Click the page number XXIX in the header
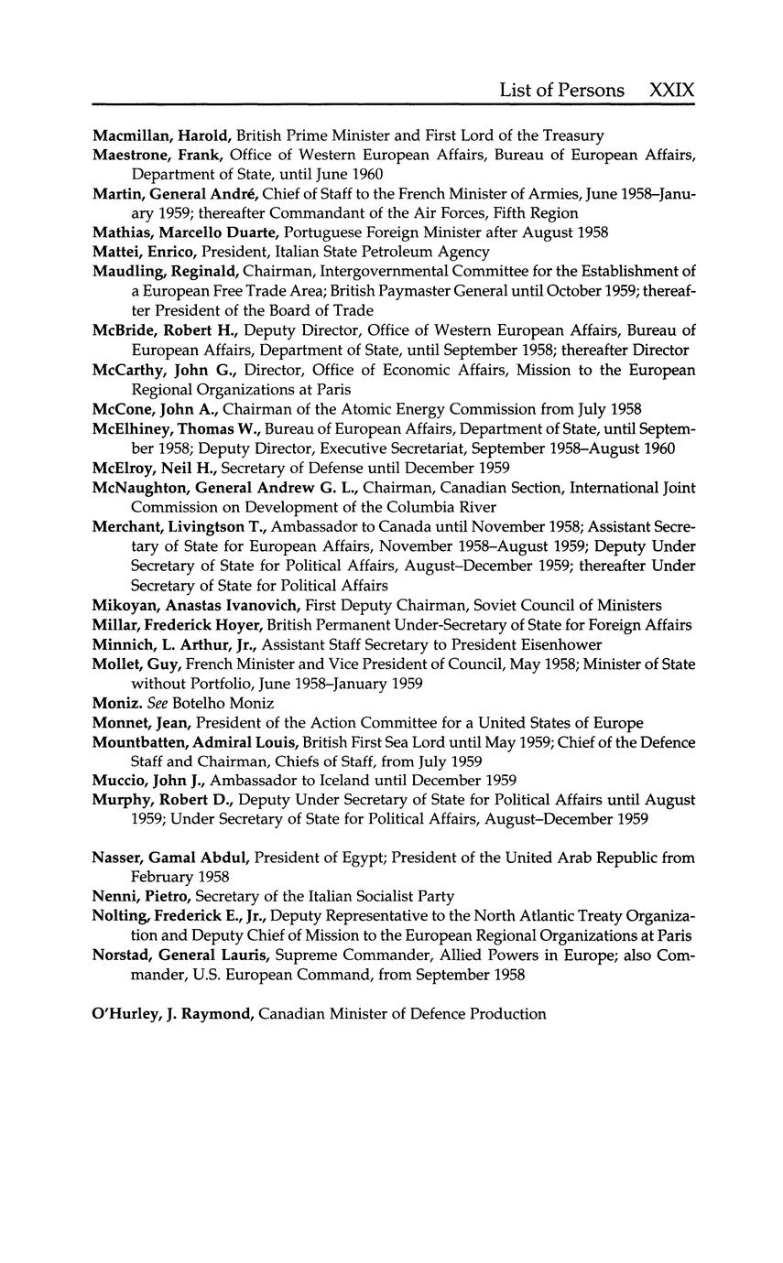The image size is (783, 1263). (x=671, y=90)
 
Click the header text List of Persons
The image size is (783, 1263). (x=561, y=90)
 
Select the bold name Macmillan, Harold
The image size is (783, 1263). (x=162, y=135)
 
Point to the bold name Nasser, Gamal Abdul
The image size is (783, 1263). (x=171, y=858)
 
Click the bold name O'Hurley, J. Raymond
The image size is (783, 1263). (x=174, y=1013)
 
